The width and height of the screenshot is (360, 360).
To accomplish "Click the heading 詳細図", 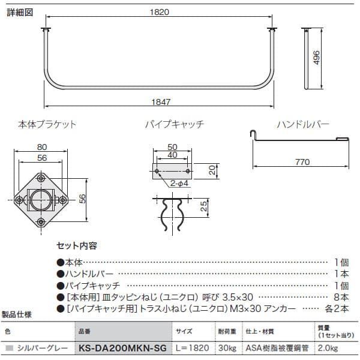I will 18,11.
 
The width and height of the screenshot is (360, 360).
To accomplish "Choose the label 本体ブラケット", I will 47,124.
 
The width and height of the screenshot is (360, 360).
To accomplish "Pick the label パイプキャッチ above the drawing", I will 175,124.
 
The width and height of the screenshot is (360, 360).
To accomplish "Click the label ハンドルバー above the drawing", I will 303,124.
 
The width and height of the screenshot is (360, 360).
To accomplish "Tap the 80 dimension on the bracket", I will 42,147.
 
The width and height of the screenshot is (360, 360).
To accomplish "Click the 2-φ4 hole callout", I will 179,183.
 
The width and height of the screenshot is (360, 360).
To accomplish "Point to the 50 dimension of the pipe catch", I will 172,147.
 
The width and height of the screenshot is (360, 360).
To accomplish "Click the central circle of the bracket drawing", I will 41,199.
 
